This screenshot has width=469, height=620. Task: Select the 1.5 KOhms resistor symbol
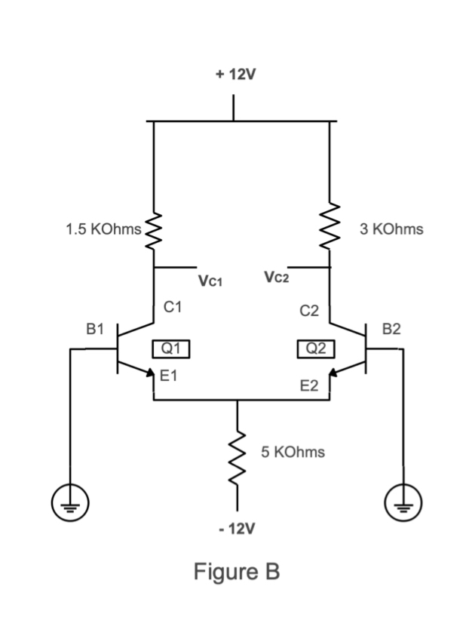154,228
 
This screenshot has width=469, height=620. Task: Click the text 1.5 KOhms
103,229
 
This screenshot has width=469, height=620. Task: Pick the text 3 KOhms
391,229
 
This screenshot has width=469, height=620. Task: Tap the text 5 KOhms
293,452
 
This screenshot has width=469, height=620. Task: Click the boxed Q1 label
170,348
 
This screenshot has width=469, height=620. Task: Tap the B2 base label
392,329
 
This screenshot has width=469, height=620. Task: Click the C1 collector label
173,307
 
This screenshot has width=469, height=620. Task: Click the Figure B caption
237,572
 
